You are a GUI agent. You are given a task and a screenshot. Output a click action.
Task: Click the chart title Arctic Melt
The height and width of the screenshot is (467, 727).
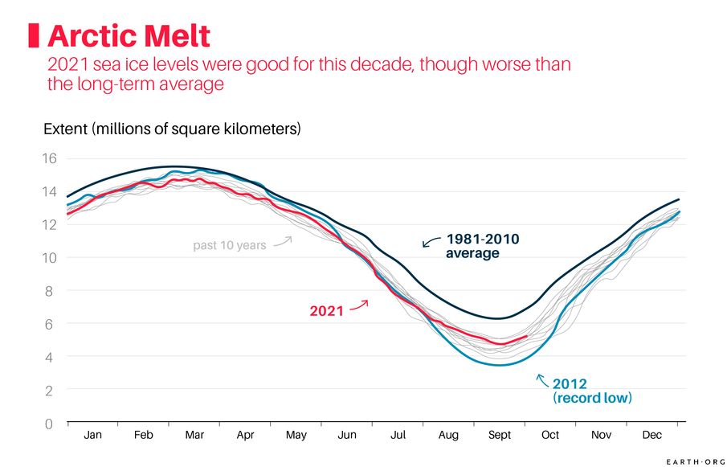pos(129,36)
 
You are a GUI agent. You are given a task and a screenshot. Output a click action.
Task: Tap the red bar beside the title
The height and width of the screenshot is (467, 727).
pos(35,36)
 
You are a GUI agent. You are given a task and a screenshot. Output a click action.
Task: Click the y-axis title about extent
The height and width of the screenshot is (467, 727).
pos(171,129)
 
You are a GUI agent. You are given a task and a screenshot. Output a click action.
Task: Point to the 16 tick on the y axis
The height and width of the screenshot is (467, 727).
pos(49,158)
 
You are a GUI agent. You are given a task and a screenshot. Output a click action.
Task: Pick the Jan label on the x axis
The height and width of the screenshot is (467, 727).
pos(93,436)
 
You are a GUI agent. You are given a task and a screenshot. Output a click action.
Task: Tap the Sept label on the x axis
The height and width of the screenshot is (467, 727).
pos(500,436)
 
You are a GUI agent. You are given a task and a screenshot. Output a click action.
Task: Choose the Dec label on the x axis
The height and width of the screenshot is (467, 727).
pos(652,436)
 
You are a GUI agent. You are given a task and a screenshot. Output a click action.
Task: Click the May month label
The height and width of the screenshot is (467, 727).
pos(296,436)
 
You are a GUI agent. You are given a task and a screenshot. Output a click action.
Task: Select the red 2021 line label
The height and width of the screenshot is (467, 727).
pos(326,311)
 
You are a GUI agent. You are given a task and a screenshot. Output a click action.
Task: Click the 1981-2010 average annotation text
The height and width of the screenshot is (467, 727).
pos(483,246)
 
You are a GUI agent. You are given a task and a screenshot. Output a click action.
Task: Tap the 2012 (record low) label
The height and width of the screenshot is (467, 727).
pos(592,391)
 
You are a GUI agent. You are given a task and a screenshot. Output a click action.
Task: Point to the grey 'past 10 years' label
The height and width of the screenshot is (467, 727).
pos(229,245)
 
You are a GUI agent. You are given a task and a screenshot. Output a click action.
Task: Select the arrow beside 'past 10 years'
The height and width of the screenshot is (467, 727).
pos(282,240)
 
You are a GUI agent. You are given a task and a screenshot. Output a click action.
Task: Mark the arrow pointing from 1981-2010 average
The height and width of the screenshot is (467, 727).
pos(431,240)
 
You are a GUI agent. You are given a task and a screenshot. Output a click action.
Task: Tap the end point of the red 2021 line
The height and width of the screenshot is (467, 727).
pos(526,336)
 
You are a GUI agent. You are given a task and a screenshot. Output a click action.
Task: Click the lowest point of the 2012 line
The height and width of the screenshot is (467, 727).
pos(500,365)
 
